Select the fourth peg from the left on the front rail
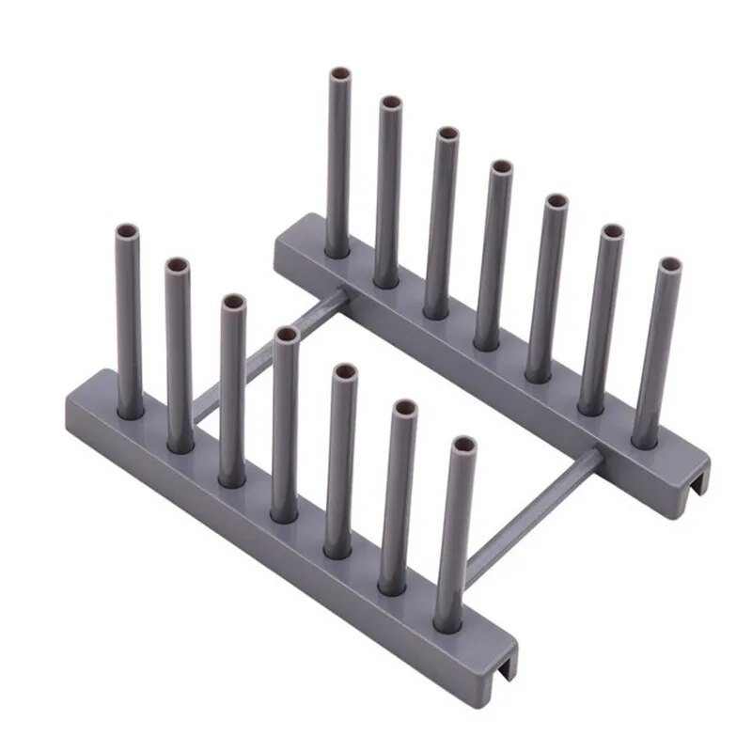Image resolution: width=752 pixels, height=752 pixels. tap(286, 423)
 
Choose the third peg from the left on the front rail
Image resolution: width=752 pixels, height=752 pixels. tap(232, 390)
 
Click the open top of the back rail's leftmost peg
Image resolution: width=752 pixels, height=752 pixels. tap(339, 74)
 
